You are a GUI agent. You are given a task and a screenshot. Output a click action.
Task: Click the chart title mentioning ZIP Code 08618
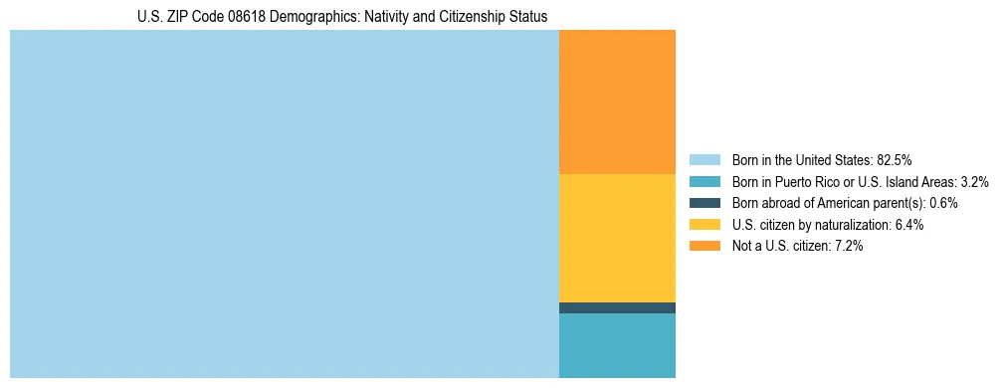(342, 17)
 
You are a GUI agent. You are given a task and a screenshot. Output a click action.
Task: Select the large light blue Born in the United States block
(285, 204)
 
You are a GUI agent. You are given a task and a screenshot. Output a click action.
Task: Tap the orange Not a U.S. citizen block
(617, 101)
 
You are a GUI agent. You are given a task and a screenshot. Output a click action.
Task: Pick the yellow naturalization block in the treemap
(617, 238)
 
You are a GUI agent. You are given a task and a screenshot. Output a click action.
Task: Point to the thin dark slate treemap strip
(617, 307)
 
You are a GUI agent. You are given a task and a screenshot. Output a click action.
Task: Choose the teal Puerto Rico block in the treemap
(617, 345)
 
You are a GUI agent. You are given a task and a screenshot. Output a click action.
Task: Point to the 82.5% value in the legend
(895, 160)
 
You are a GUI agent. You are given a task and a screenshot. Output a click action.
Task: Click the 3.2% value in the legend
(974, 182)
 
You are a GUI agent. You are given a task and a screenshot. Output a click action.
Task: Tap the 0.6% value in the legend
(943, 203)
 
